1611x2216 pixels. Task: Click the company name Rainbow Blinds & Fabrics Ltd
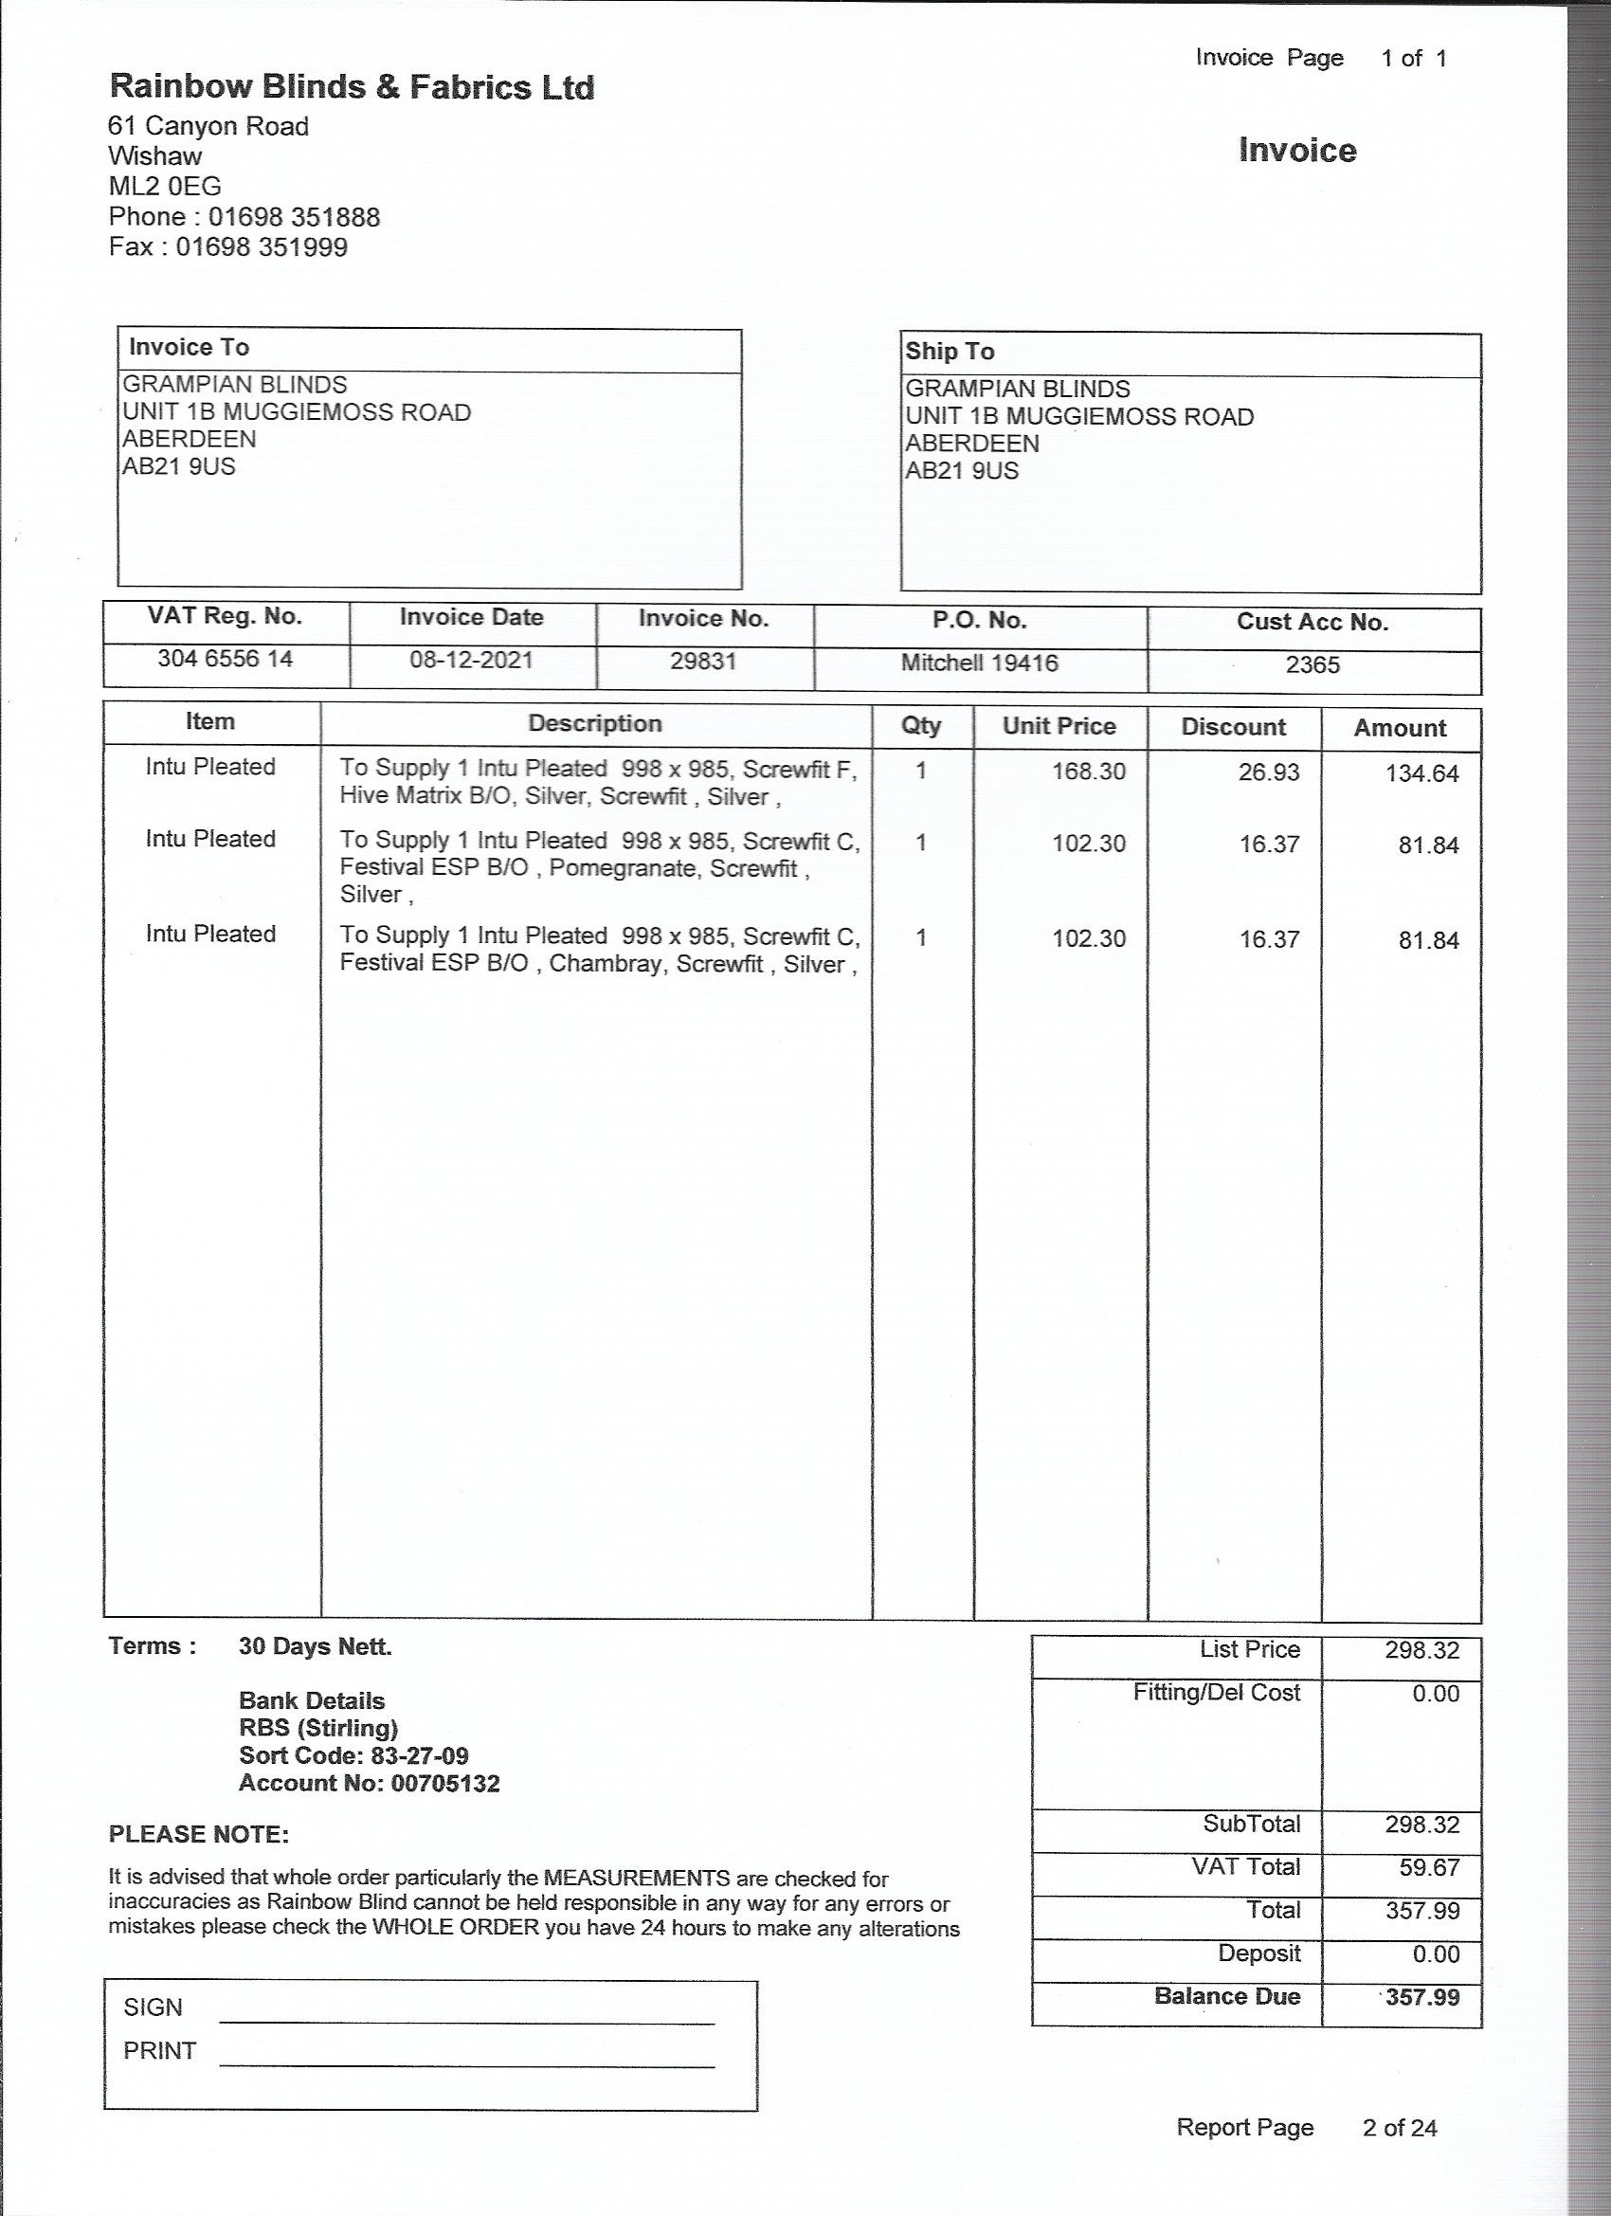[x=351, y=88]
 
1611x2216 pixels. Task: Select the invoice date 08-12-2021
[x=471, y=660]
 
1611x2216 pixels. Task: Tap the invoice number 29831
[x=702, y=662]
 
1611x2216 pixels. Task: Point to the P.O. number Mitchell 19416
[x=979, y=663]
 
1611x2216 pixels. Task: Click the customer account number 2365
[x=1312, y=665]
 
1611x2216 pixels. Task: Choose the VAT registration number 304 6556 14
[x=225, y=659]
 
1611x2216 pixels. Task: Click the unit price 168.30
[x=1088, y=772]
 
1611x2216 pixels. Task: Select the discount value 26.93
[x=1269, y=772]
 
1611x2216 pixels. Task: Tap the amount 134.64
[x=1421, y=773]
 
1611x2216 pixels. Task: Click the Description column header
[x=595, y=724]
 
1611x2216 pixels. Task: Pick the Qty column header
[x=920, y=726]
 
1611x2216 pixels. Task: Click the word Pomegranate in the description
[x=624, y=868]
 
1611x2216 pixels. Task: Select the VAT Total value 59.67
[x=1428, y=1867]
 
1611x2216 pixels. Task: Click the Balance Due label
[x=1227, y=1996]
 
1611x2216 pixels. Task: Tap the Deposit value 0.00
[x=1435, y=1954]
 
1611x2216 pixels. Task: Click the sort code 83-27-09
[x=419, y=1755]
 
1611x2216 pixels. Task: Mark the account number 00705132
[x=444, y=1783]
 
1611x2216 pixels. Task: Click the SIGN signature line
[x=467, y=2021]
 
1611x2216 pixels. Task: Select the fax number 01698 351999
[x=261, y=247]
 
